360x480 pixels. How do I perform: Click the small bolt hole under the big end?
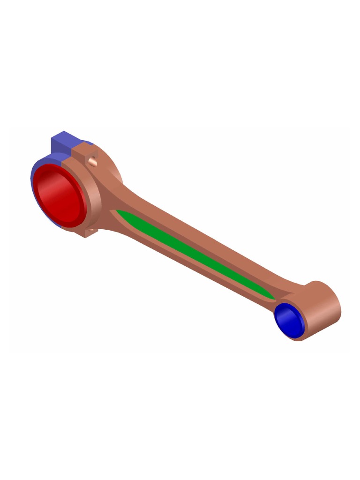click(x=91, y=230)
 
